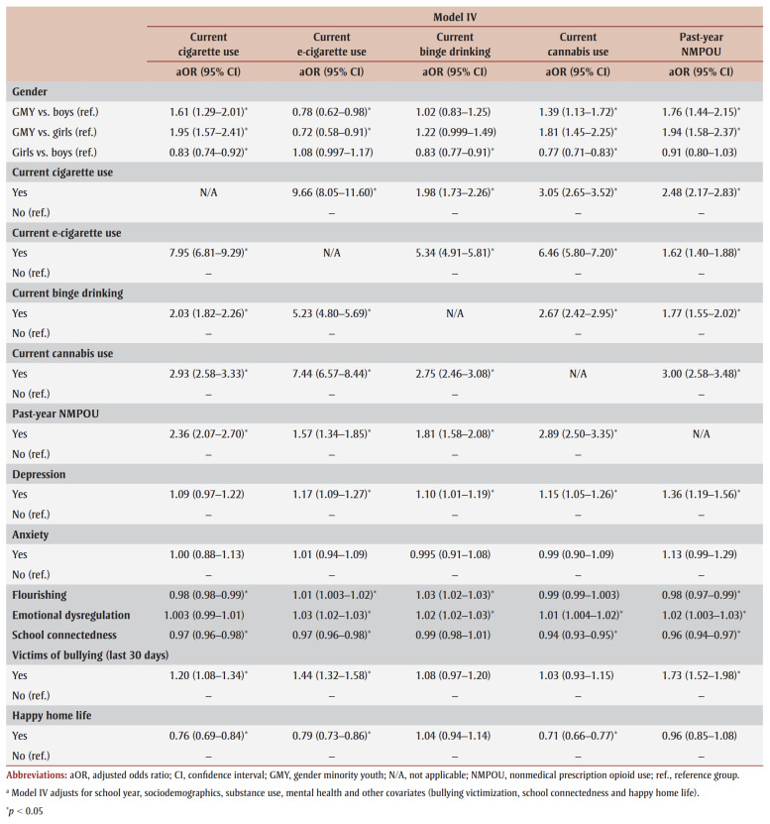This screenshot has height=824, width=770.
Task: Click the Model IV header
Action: pyautogui.click(x=455, y=17)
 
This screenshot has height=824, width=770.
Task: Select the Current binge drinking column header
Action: pyautogui.click(x=455, y=45)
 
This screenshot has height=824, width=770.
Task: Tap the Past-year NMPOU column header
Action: pyautogui.click(x=701, y=45)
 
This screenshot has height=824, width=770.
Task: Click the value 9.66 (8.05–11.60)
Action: pyautogui.click(x=334, y=192)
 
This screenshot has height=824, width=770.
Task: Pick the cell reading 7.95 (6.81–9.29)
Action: pyautogui.click(x=208, y=253)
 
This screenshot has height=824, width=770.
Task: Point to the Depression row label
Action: pyautogui.click(x=39, y=474)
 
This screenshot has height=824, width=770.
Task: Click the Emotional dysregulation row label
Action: pyautogui.click(x=71, y=615)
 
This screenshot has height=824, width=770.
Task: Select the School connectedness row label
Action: pyautogui.click(x=64, y=635)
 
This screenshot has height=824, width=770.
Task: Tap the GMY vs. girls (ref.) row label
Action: pyautogui.click(x=55, y=132)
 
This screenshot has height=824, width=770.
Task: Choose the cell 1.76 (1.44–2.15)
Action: pyautogui.click(x=701, y=112)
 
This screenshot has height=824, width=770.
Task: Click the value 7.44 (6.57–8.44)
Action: pyautogui.click(x=331, y=374)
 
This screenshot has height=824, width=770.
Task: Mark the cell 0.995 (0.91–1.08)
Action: pyautogui.click(x=450, y=554)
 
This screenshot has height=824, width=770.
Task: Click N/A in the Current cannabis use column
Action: pyautogui.click(x=578, y=374)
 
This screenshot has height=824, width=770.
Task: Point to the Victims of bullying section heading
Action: pyautogui.click(x=90, y=654)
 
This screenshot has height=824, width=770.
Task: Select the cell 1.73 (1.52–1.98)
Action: pyautogui.click(x=701, y=675)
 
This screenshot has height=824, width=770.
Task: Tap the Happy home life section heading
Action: pyautogui.click(x=52, y=715)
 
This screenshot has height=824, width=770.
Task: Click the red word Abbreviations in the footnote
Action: pyautogui.click(x=37, y=775)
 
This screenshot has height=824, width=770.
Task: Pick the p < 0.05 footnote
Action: pyautogui.click(x=25, y=811)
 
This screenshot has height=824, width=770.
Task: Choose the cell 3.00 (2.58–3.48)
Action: pyautogui.click(x=701, y=374)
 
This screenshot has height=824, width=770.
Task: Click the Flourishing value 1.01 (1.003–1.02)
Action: pyautogui.click(x=334, y=595)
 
